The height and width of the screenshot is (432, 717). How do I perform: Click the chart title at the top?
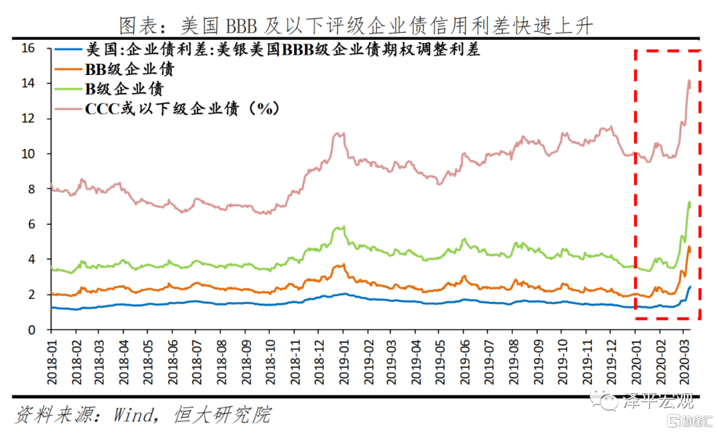[x=357, y=26]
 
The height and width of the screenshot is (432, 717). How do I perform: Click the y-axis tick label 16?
[x=28, y=48]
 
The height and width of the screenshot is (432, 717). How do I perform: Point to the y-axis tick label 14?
[x=28, y=83]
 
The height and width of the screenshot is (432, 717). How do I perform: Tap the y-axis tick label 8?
[x=31, y=189]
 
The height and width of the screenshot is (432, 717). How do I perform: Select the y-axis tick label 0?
[x=31, y=330]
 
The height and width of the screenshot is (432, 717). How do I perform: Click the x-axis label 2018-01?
[x=52, y=362]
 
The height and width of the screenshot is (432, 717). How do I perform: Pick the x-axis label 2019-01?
[x=343, y=362]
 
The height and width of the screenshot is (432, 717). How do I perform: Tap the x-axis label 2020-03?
[x=684, y=362]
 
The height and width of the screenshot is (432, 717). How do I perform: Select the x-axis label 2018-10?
[x=270, y=362]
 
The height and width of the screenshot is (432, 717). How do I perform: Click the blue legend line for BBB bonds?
[x=68, y=49]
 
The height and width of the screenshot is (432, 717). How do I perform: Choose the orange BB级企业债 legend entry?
[x=114, y=69]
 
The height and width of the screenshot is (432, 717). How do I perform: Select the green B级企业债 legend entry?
[x=109, y=89]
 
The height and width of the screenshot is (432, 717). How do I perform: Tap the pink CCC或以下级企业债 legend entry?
[x=167, y=109]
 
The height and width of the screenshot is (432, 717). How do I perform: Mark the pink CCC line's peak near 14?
[x=688, y=80]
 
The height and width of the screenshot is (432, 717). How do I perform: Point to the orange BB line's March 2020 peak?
[x=689, y=247]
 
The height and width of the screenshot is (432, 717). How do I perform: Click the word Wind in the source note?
[x=133, y=415]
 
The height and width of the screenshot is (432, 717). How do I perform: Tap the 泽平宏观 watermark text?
[x=659, y=401]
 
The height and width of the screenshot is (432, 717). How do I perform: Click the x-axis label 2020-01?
[x=635, y=362]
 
